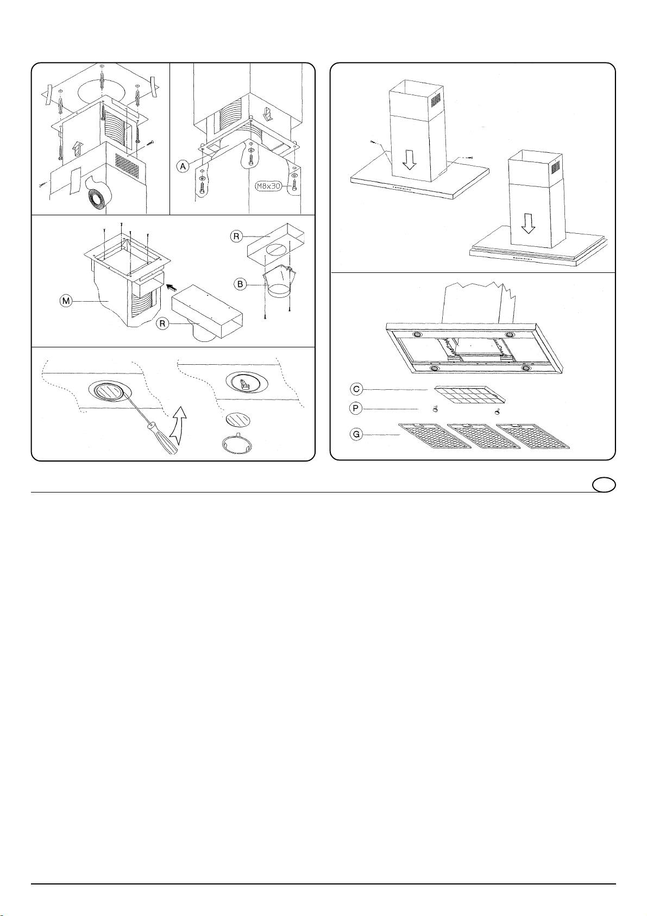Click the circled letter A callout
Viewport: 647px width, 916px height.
[184, 166]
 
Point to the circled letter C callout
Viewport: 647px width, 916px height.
[356, 389]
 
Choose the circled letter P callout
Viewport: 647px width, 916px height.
[356, 408]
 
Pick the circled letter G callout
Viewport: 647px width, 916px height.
[356, 434]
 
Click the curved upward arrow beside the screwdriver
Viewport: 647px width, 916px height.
[178, 427]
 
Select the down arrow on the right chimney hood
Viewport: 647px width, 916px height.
[528, 223]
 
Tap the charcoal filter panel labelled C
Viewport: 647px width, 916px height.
[470, 395]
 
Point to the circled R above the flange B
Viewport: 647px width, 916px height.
[237, 236]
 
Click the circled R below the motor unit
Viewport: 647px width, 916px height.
[162, 323]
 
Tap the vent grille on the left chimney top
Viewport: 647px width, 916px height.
[436, 99]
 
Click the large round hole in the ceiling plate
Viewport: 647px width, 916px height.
[100, 89]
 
